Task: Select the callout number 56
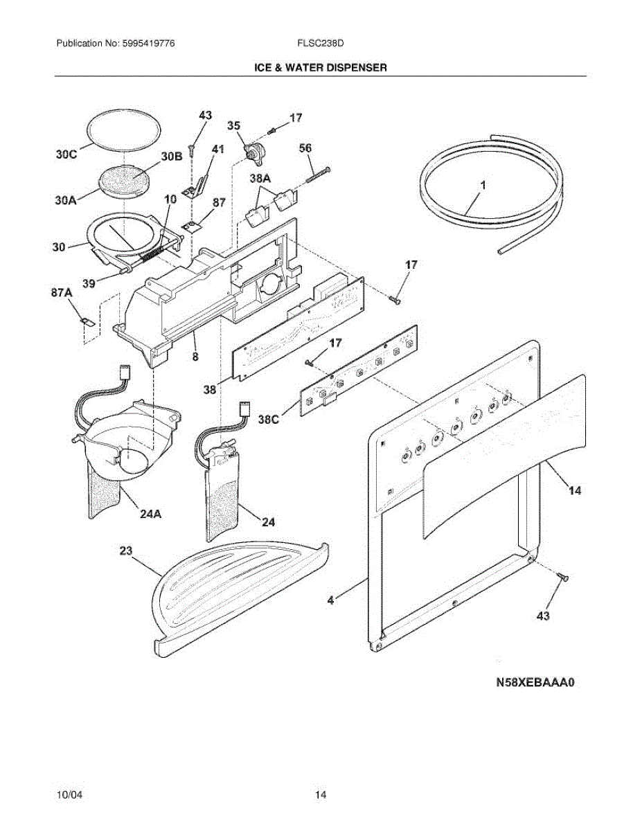(305, 148)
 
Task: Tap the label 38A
(260, 178)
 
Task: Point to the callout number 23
(125, 551)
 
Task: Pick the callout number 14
(575, 490)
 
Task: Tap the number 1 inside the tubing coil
(483, 186)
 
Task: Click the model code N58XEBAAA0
(536, 682)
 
